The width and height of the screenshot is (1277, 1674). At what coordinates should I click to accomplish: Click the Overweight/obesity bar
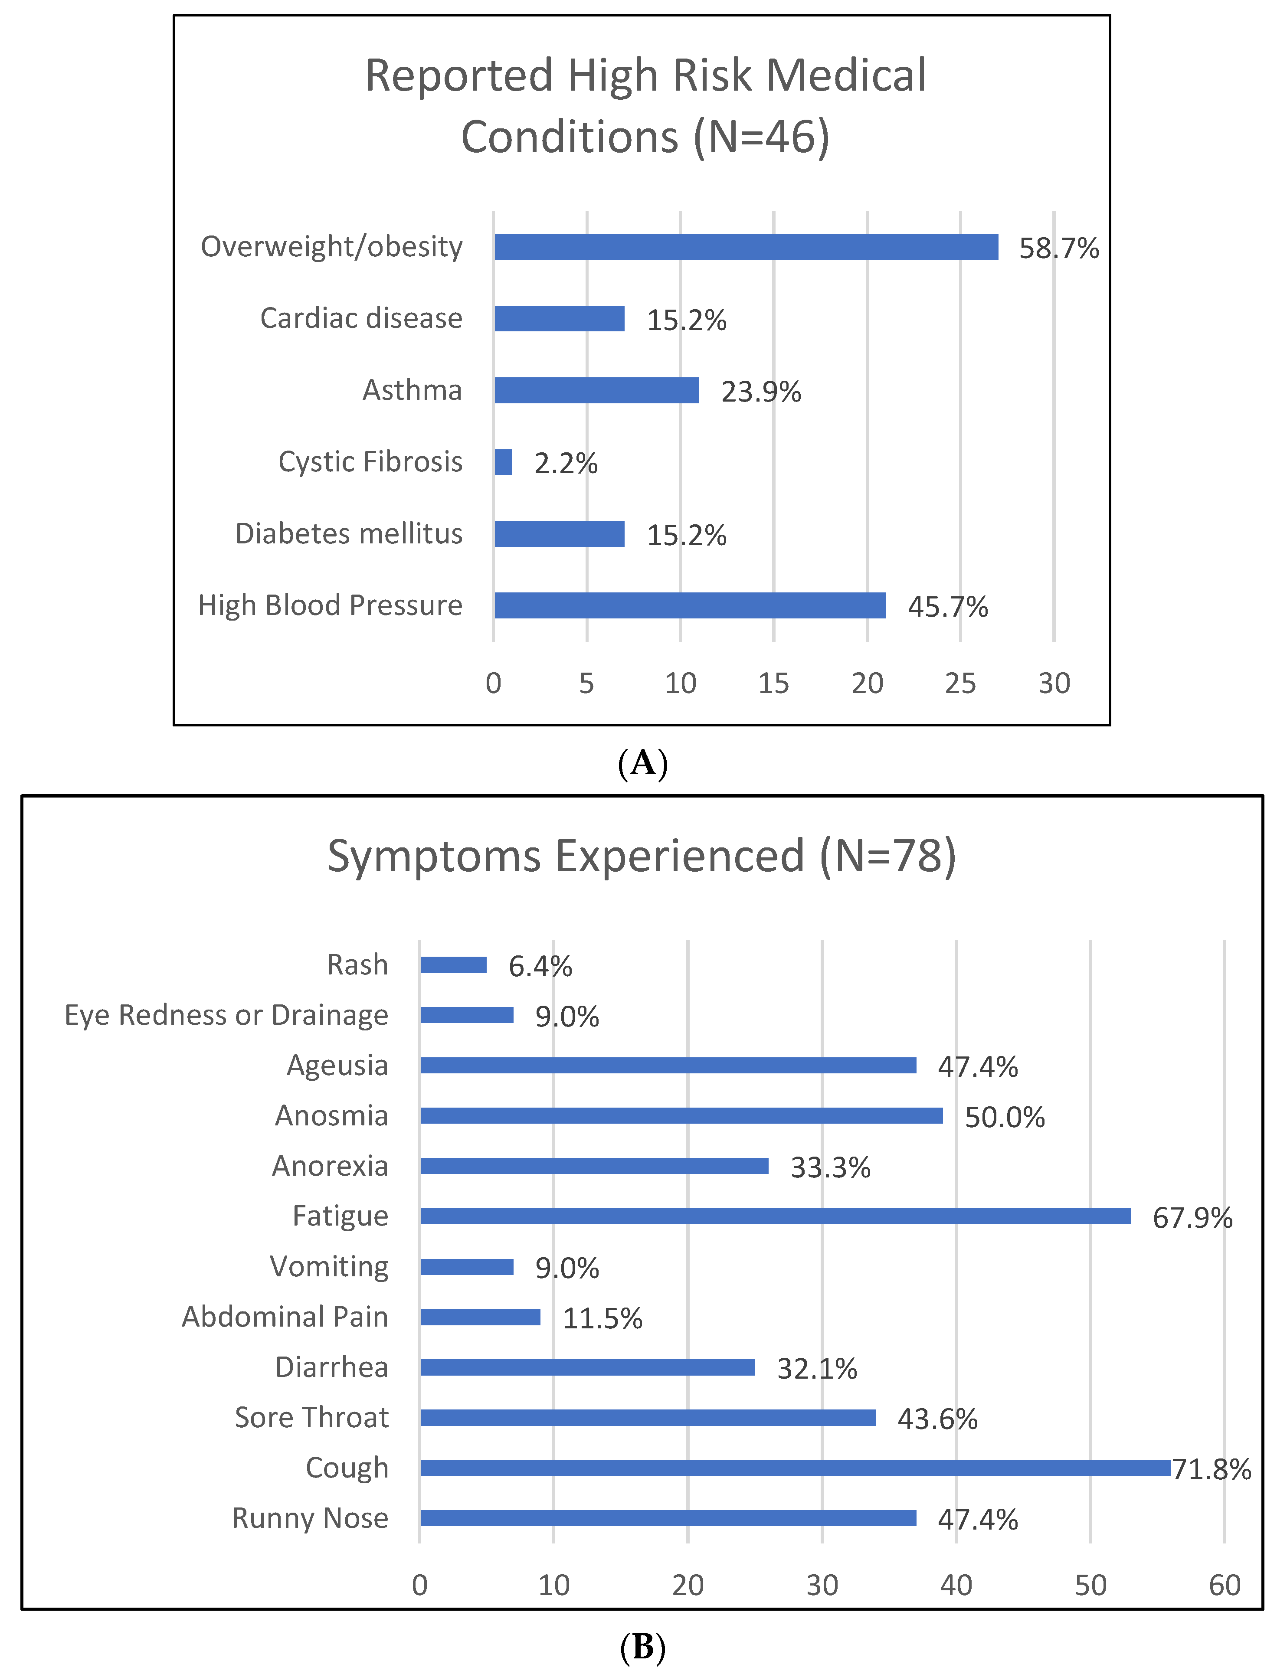[x=746, y=247]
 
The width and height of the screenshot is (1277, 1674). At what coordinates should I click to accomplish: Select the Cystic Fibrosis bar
[x=503, y=462]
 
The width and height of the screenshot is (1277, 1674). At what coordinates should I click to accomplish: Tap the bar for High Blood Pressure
[x=689, y=605]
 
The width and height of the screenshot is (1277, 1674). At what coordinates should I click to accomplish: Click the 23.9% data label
[x=761, y=392]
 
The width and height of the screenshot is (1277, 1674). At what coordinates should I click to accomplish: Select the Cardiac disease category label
[x=361, y=318]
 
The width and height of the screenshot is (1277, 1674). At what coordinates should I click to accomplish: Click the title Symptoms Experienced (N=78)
[x=642, y=857]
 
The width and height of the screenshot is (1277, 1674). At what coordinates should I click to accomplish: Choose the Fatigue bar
[x=775, y=1216]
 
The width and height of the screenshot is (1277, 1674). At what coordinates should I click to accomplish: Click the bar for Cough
[x=795, y=1468]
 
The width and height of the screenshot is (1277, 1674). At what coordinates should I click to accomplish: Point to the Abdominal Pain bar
[x=481, y=1317]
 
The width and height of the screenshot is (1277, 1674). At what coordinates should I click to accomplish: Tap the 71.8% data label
[x=1212, y=1470]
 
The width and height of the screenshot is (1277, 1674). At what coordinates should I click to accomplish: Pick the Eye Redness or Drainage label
[x=226, y=1015]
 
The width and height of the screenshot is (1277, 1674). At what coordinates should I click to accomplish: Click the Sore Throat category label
[x=311, y=1418]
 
